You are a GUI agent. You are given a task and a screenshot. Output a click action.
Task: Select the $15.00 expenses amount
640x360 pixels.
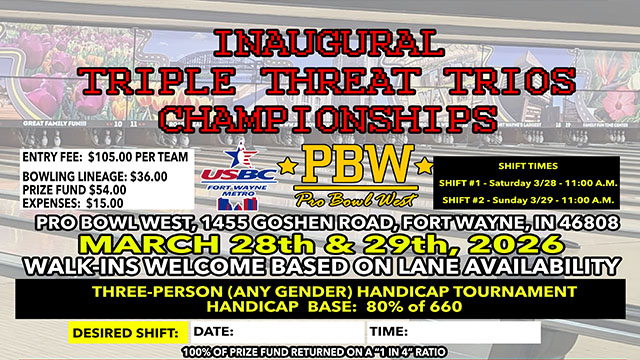(x=95, y=200)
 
